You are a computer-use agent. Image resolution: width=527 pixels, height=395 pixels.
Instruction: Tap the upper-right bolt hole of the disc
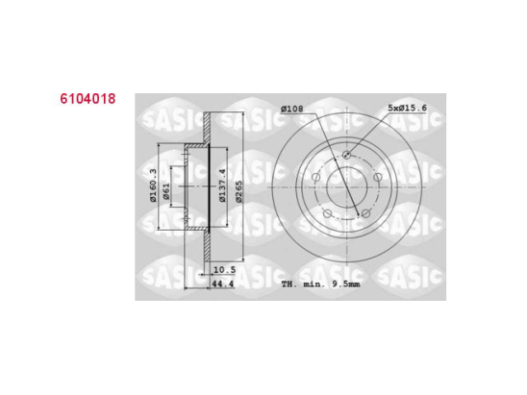377,175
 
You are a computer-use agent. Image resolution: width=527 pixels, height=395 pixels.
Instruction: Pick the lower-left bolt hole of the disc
327,212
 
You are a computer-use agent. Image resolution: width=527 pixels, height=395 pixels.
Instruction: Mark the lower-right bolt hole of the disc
366,211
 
